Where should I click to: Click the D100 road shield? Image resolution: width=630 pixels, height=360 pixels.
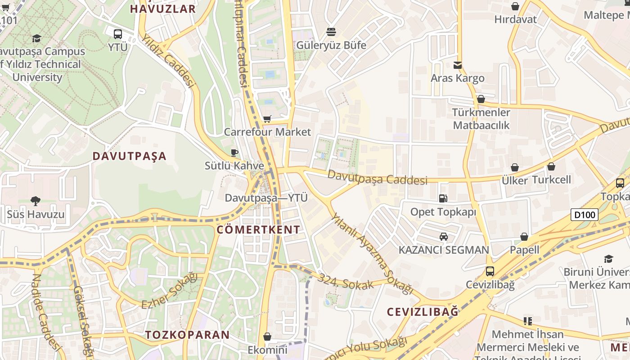(585, 215)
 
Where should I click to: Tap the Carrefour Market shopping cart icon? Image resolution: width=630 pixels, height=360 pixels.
(267, 119)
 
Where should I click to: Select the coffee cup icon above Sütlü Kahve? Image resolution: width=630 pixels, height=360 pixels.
(234, 153)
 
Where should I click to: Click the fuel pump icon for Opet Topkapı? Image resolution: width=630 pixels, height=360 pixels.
(443, 198)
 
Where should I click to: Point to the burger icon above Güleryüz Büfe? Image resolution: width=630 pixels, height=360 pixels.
(331, 32)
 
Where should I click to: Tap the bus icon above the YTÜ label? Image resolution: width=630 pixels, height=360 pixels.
(118, 34)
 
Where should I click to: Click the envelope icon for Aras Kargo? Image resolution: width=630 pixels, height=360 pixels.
(458, 65)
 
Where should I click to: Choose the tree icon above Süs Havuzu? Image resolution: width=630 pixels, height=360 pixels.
(36, 201)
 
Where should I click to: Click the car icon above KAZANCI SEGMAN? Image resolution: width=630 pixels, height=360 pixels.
(444, 237)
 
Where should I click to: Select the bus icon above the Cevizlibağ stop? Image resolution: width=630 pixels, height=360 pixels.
(490, 271)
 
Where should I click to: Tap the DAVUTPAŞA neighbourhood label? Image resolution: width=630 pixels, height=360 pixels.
(130, 156)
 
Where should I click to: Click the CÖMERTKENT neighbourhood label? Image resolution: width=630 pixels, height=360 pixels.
(258, 229)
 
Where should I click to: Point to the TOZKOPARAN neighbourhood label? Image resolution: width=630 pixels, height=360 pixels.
(187, 335)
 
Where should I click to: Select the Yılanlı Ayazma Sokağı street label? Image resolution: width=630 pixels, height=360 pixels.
(372, 254)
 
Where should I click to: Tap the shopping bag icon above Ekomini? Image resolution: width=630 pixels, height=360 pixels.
(267, 337)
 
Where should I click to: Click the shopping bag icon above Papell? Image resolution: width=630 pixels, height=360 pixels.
(524, 237)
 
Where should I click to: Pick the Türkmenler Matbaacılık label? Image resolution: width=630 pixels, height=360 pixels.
(481, 119)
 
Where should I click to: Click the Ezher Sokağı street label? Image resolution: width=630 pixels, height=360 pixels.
(170, 291)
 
